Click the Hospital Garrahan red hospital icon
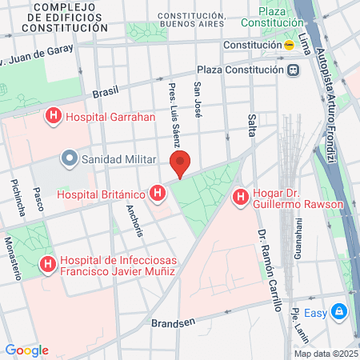(x=54, y=117)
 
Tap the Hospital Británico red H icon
(x=159, y=194)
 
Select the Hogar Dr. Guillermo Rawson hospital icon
(x=238, y=196)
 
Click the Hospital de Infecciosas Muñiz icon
(x=48, y=262)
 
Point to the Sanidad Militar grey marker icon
(x=70, y=158)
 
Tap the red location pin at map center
(x=182, y=164)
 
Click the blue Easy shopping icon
(x=338, y=311)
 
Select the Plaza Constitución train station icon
(x=294, y=70)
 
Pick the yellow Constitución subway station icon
(x=289, y=46)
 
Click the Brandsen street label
(x=173, y=324)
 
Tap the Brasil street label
(x=105, y=92)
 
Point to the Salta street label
(x=251, y=124)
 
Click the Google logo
(x=26, y=350)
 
